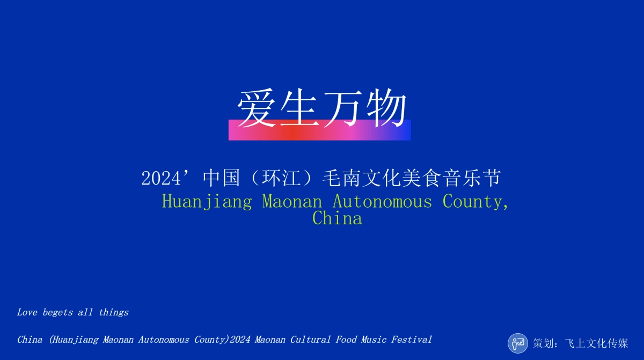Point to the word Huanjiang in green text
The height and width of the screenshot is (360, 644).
click(207, 202)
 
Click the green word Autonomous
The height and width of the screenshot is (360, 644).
click(382, 202)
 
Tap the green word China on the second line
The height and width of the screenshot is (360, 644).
click(337, 218)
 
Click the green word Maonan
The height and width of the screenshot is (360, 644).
click(292, 202)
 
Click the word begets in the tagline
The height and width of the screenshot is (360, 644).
click(57, 312)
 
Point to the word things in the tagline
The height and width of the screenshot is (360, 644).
click(113, 312)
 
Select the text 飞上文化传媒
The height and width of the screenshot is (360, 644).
click(596, 343)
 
